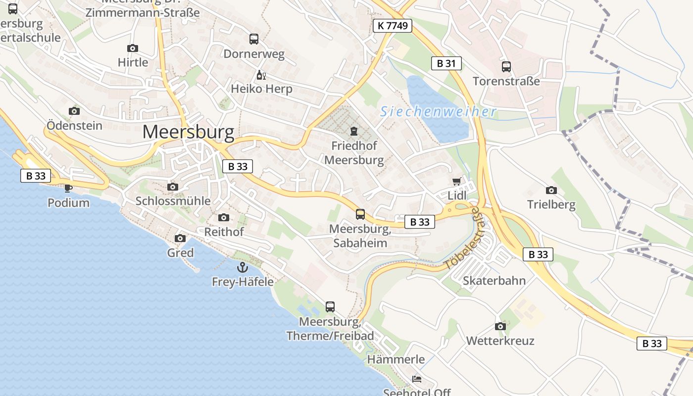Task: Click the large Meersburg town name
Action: pos(188,132)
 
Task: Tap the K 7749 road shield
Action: pos(393,26)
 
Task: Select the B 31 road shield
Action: pos(446,63)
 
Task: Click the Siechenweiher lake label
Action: pos(438,112)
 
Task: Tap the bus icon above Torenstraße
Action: pos(506,67)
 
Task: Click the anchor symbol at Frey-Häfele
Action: pos(243,268)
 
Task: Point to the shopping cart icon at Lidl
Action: pos(456,182)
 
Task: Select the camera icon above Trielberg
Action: pos(551,190)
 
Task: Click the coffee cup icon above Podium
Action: pos(68,188)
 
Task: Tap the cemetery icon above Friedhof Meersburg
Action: pos(354,131)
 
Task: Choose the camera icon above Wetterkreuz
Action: pos(500,326)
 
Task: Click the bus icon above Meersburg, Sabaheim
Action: pos(360,214)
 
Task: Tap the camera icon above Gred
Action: pos(180,238)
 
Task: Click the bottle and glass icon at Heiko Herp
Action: pos(261,75)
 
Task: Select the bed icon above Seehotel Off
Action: pos(417,379)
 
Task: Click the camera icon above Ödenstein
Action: pos(74,111)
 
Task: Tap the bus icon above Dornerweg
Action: pos(254,39)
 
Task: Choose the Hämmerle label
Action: pos(396,359)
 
